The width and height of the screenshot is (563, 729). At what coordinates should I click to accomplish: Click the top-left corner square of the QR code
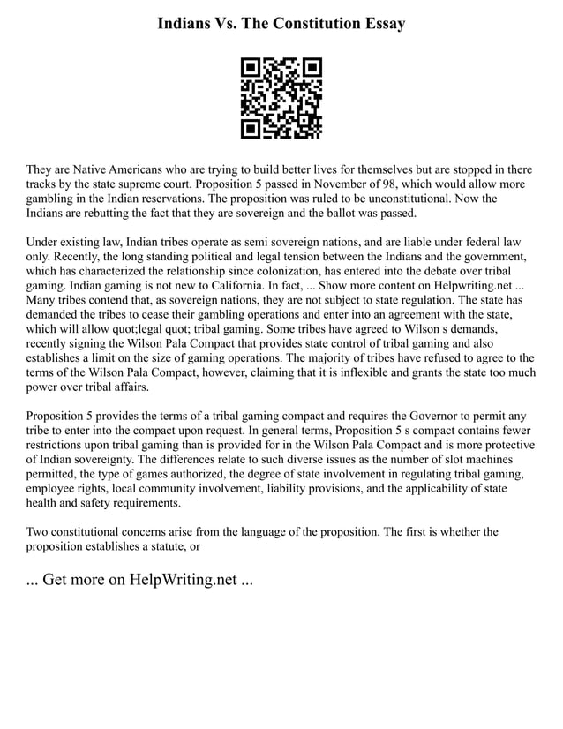click(x=251, y=67)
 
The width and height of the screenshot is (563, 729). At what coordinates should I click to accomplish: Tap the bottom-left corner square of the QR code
click(x=251, y=129)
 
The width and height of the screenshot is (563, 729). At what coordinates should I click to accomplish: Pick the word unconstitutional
click(x=416, y=199)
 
